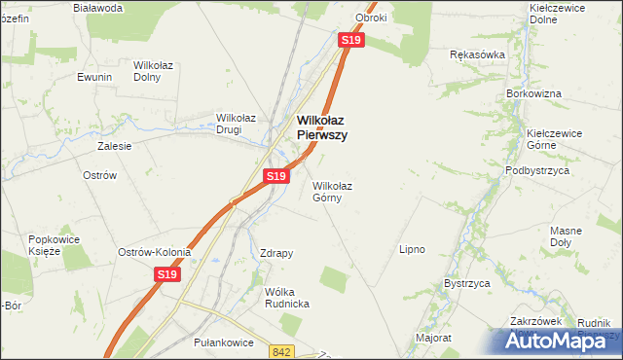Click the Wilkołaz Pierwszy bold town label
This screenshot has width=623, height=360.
click(320, 127)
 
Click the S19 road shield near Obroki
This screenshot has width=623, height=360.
click(351, 40)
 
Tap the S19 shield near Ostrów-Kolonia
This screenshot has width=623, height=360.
click(167, 276)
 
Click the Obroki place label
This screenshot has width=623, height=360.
click(372, 18)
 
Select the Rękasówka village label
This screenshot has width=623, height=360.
click(477, 54)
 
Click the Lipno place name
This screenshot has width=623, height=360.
click(412, 249)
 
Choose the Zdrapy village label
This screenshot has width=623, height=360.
click(276, 253)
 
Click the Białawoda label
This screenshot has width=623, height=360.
click(97, 8)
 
